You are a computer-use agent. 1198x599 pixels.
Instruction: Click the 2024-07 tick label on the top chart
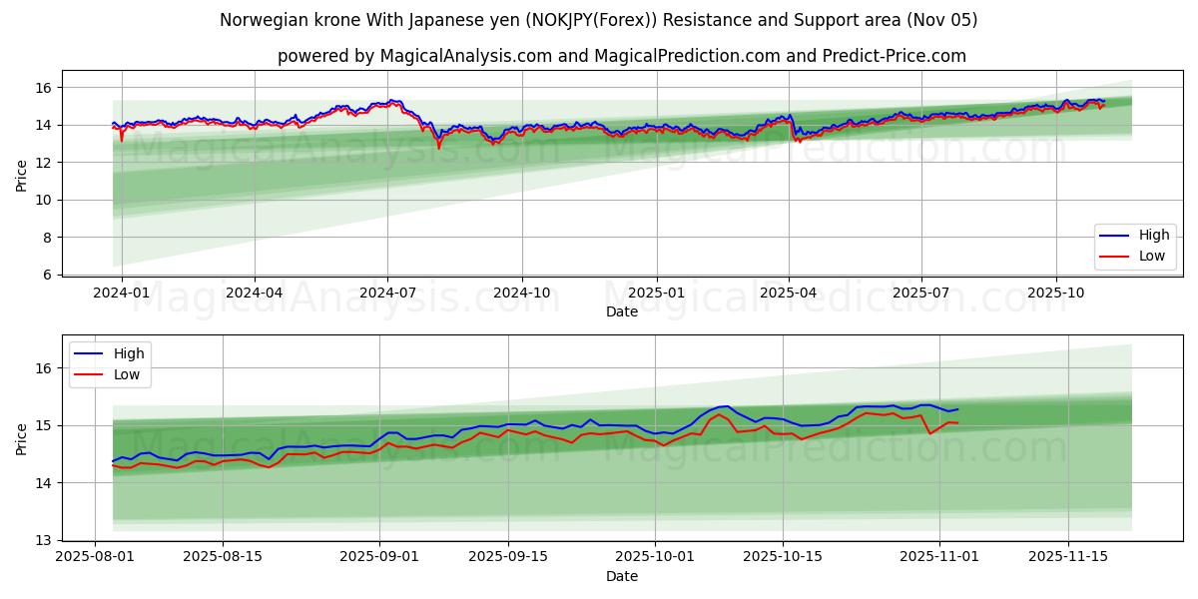point(387,294)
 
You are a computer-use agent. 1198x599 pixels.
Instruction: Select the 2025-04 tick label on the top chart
point(789,294)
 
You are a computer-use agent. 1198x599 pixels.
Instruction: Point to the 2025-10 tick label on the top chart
point(1056,294)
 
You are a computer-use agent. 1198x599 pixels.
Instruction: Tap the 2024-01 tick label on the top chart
point(122,294)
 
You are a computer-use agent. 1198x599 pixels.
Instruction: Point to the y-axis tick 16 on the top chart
point(44,88)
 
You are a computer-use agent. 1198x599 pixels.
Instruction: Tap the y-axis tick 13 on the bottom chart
point(44,540)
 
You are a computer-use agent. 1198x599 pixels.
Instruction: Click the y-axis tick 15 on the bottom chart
point(44,425)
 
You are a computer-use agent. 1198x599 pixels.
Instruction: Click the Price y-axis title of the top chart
point(22,175)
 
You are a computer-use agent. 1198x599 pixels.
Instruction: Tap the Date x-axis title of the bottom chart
point(622,577)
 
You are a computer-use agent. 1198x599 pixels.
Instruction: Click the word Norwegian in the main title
point(254,20)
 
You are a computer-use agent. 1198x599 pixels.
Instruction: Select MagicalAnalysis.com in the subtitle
point(465,56)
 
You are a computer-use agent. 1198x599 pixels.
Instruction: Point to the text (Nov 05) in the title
point(942,20)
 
